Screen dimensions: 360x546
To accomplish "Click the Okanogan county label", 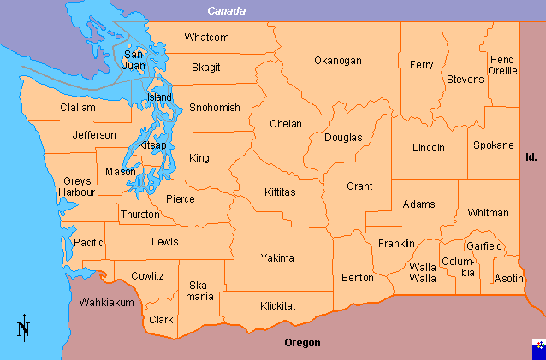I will [337, 61].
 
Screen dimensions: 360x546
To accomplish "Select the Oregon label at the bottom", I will [302, 343].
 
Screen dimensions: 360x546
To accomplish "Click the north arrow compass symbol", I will [23, 326].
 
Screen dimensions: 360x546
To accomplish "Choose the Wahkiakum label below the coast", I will [106, 303].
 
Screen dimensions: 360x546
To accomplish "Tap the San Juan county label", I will [134, 58].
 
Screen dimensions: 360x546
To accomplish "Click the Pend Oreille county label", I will [502, 65].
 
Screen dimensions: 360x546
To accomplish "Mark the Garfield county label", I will [484, 245].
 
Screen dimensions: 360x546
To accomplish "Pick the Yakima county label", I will [277, 257].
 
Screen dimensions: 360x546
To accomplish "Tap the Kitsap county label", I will [151, 146].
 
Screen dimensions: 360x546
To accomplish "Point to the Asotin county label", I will [509, 279].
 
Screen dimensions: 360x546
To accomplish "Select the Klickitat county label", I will [278, 305].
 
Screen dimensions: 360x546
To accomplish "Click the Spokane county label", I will [494, 145].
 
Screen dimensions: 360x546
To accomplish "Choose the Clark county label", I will [161, 320].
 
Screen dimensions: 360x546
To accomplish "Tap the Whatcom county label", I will [206, 38].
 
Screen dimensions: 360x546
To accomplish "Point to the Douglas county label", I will [343, 138].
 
